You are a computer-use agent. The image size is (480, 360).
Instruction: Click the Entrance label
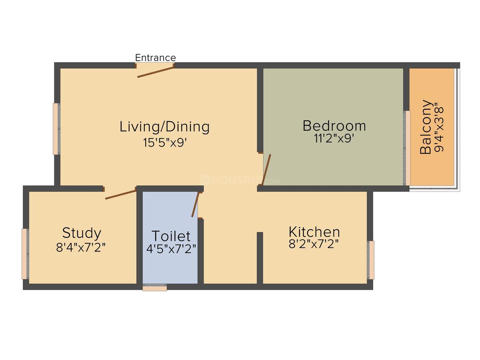[155, 58]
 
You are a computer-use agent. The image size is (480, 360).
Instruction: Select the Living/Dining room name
[164, 127]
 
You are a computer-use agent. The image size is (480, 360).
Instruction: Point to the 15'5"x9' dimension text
[165, 143]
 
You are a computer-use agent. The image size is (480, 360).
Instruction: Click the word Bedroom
[334, 126]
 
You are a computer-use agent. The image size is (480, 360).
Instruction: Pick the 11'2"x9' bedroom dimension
[334, 139]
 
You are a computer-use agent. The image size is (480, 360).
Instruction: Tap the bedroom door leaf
[266, 170]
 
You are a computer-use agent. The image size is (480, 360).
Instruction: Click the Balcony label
[426, 127]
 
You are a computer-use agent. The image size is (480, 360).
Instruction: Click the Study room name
[82, 233]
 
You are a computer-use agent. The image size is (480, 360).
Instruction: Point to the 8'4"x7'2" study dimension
[81, 247]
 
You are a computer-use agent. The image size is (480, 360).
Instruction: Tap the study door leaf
[120, 194]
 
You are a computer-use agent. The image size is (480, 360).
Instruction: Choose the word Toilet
[171, 236]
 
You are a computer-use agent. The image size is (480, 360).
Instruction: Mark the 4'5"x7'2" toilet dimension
[171, 249]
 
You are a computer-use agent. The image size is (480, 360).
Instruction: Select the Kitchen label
[314, 232]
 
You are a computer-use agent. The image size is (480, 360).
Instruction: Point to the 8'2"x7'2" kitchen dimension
[314, 244]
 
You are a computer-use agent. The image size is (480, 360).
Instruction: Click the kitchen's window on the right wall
[371, 260]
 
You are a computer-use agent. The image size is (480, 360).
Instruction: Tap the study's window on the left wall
[25, 254]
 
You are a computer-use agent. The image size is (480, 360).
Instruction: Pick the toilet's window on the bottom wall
[155, 288]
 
